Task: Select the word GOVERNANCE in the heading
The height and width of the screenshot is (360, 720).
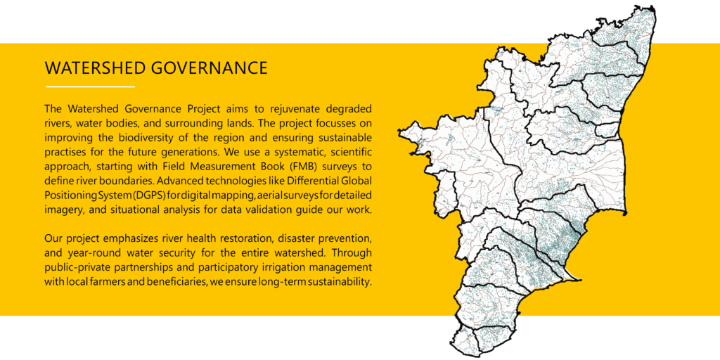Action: coord(209,68)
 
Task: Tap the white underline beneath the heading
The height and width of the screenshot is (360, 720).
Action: coord(90,86)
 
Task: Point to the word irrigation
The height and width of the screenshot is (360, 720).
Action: coord(281,267)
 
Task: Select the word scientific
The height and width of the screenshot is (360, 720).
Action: coord(353,151)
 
